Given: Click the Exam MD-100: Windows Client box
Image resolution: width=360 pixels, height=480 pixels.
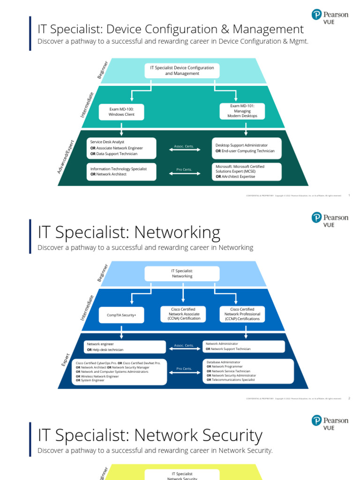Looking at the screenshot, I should (121, 112).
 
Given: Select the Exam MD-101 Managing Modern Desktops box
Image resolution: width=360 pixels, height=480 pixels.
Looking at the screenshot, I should (242, 111).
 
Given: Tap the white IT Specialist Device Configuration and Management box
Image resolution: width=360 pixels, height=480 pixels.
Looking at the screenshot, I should (182, 71).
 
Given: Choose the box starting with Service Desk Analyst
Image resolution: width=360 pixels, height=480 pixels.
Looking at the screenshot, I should (121, 148).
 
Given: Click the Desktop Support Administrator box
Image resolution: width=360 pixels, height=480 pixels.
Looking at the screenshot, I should (247, 148).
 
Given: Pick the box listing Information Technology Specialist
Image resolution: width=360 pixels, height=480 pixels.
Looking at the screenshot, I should (121, 171).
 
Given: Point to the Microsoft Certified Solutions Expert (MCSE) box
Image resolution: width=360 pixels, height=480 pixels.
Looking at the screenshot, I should (247, 172).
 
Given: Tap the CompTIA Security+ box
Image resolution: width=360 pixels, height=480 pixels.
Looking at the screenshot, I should (121, 315).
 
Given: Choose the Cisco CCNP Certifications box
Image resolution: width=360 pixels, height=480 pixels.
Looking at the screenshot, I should (242, 314).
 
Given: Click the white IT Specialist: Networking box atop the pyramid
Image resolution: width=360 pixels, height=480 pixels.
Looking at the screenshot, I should (182, 274).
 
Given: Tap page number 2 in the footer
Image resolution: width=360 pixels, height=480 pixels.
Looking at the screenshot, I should (349, 398).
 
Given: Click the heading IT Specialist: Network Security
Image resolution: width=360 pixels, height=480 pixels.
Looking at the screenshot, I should (150, 435).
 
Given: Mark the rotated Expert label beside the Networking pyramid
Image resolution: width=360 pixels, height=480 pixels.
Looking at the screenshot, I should (66, 360).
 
